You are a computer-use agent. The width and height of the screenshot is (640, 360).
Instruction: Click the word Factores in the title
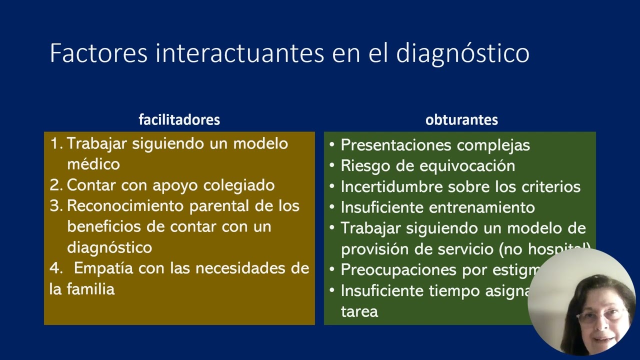98,53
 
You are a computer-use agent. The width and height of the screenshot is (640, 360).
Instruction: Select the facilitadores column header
179,120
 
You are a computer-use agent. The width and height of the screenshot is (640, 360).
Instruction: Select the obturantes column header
461,120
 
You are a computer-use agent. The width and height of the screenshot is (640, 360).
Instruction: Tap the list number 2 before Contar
54,185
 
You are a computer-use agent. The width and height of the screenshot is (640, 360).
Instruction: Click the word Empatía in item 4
104,268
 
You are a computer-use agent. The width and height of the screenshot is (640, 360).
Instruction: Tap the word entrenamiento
482,207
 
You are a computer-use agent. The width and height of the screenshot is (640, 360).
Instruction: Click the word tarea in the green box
359,311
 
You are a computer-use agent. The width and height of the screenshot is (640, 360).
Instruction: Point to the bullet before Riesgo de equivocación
332,166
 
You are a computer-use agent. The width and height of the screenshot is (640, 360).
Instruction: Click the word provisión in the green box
376,249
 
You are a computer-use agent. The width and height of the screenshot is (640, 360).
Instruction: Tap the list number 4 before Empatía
54,268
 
